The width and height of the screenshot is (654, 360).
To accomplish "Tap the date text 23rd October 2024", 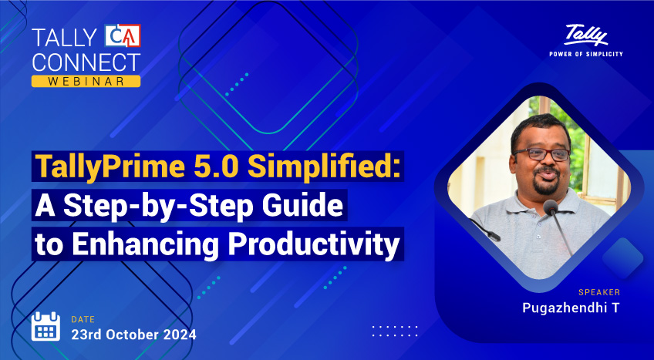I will tap(133, 335).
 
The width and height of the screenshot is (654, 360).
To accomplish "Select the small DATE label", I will tap(83, 318).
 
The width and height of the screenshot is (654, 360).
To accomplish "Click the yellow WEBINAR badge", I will tap(86, 80).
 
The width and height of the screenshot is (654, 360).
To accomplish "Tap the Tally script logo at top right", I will tap(585, 35).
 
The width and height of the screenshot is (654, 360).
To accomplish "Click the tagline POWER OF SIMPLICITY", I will tap(585, 54).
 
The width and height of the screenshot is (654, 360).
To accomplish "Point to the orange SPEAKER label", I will tap(598, 292).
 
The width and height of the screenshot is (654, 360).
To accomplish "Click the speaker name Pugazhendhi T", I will tap(570, 308).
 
